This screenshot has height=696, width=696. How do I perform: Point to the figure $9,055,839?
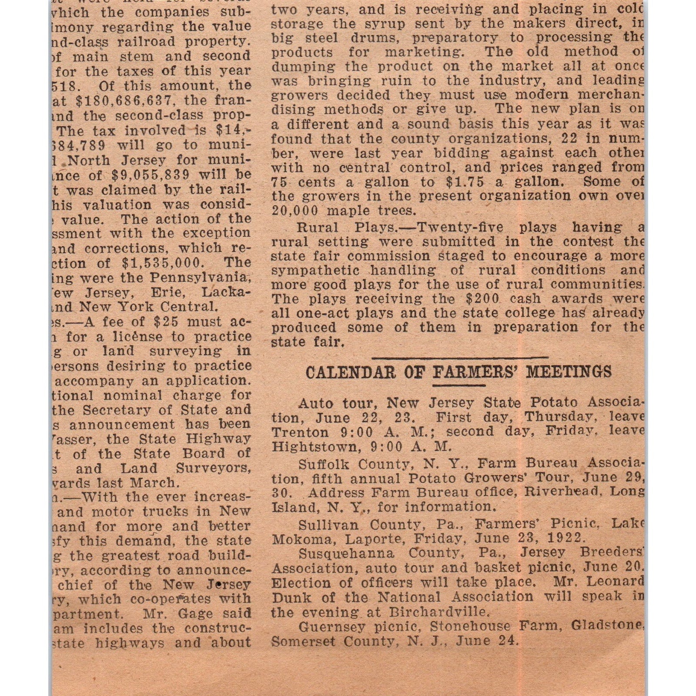(x=151, y=175)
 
